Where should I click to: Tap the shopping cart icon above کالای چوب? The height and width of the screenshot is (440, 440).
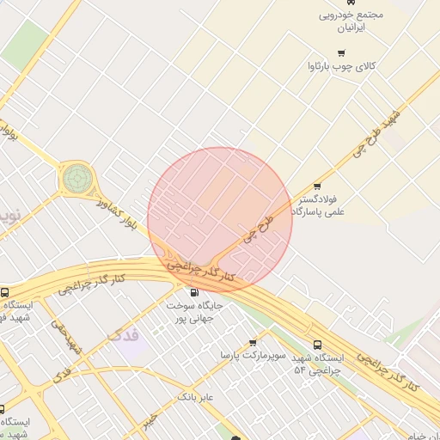317,65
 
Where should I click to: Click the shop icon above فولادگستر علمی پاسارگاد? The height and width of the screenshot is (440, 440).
317,186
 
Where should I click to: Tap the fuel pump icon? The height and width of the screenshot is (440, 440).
192,291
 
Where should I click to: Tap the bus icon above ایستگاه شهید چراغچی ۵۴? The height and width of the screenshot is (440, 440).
318,343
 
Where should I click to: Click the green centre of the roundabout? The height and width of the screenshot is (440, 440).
75,179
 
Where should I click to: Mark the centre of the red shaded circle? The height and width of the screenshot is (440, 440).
220,219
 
